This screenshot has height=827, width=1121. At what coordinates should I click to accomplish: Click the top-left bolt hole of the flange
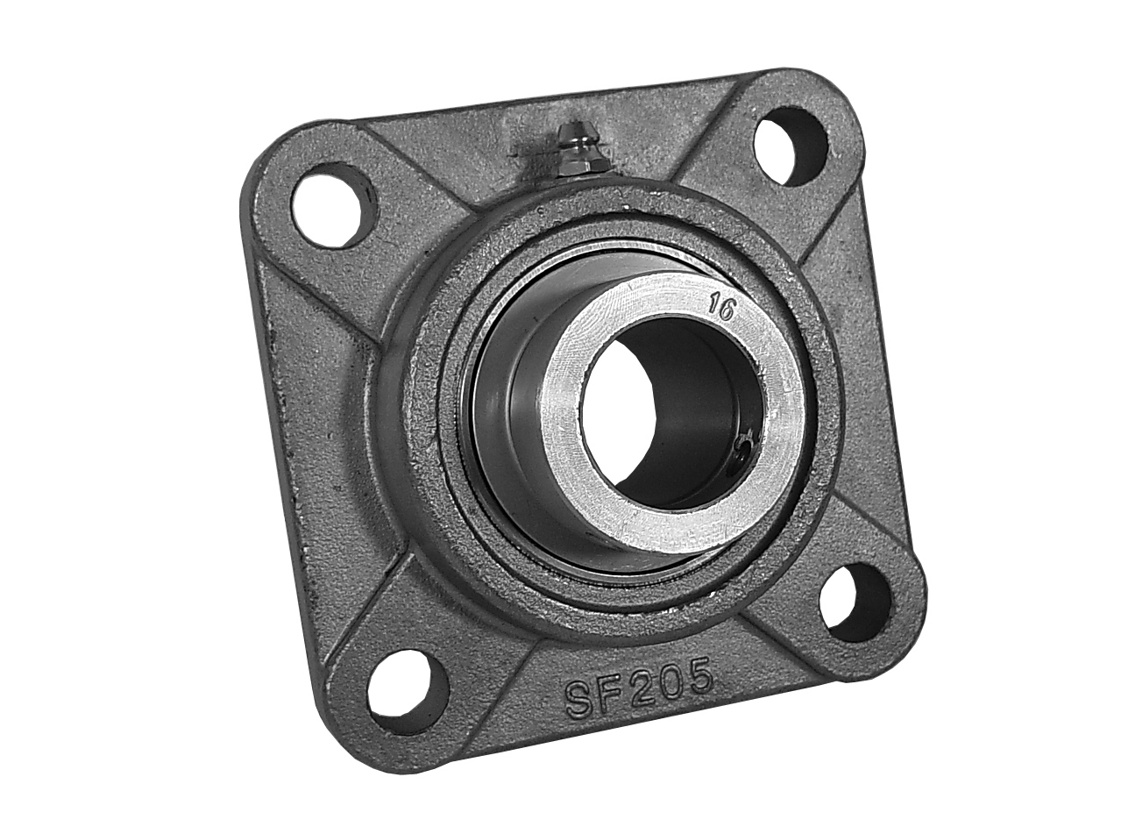tap(334, 206)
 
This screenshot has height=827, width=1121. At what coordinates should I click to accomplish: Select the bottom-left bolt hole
tap(408, 693)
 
